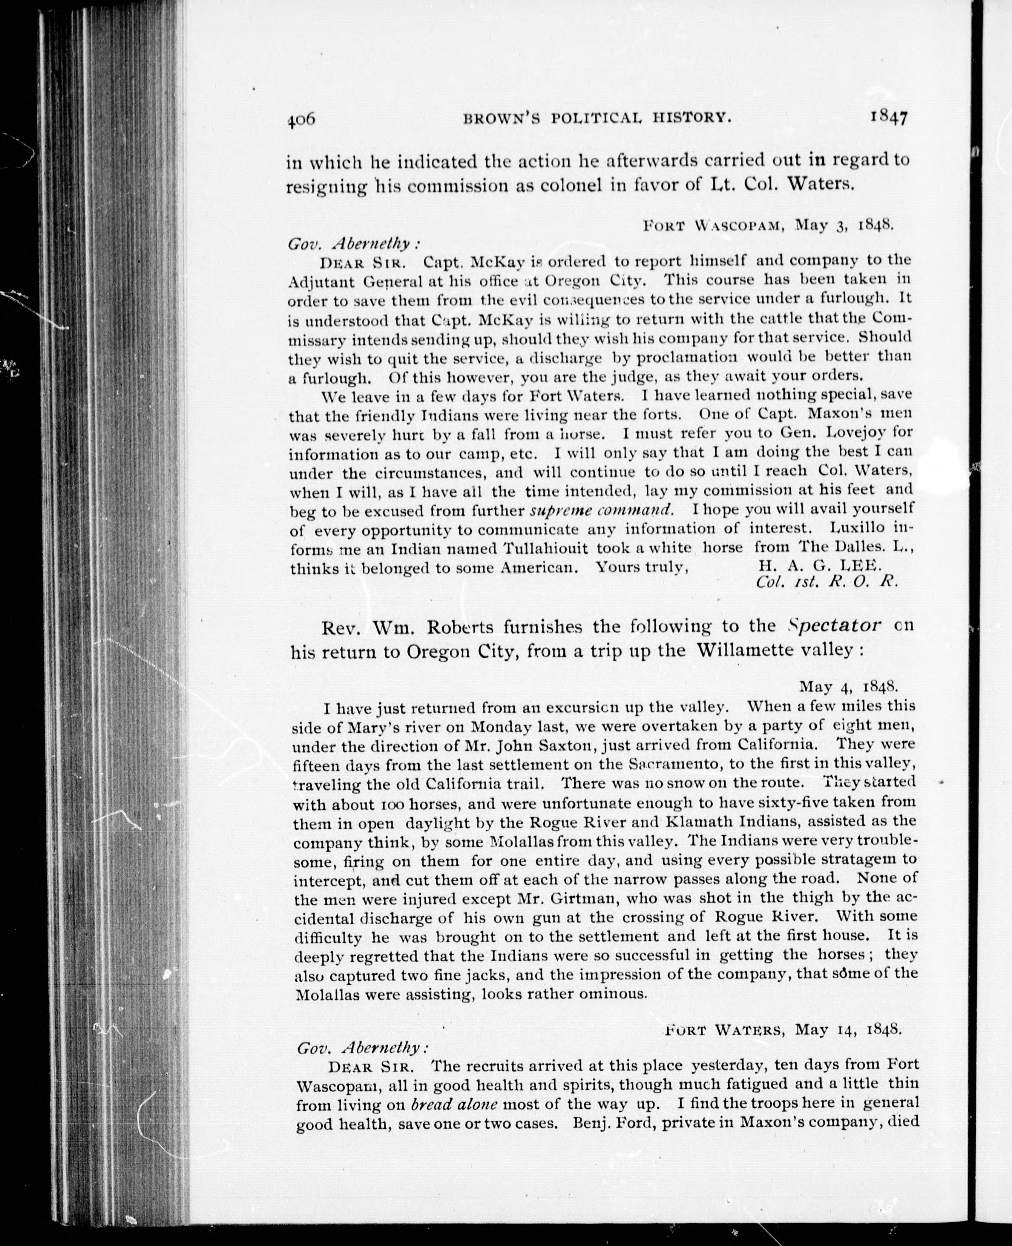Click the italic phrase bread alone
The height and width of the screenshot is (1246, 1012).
point(454,1104)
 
